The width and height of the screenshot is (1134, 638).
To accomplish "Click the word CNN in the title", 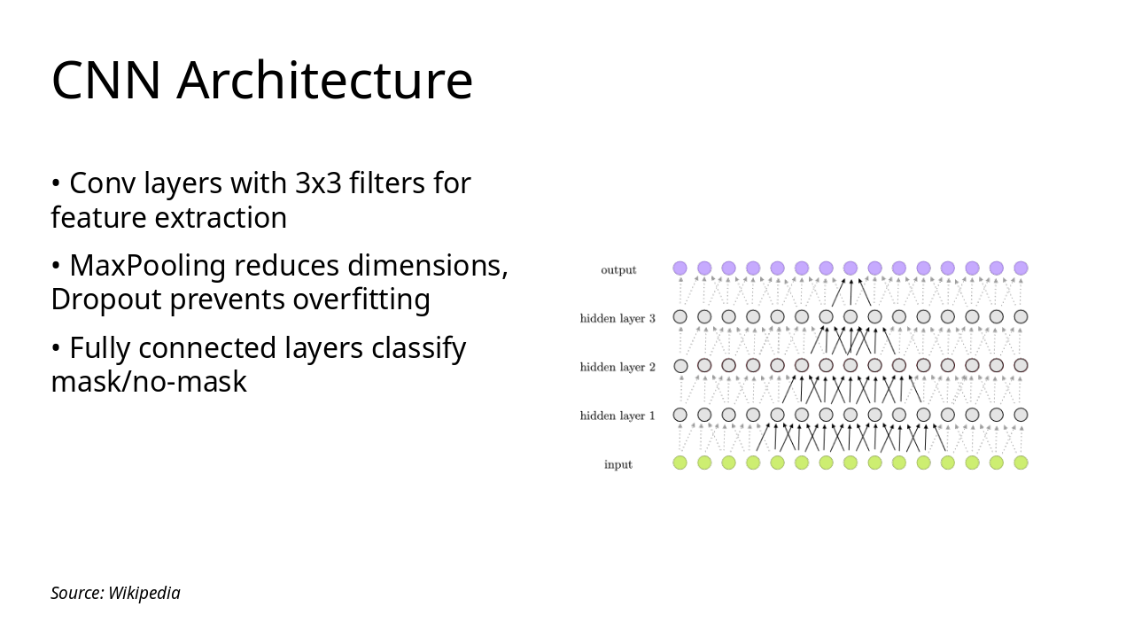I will (105, 80).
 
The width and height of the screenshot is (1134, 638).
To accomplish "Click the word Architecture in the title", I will (324, 80).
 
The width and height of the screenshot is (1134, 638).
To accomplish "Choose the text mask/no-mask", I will (149, 382).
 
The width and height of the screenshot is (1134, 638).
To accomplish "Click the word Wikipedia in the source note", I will (144, 593).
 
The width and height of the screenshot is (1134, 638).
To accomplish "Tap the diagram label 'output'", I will (618, 269).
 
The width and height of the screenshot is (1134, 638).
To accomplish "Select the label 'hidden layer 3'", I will (617, 318).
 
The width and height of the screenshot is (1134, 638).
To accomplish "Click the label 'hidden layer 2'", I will (617, 367).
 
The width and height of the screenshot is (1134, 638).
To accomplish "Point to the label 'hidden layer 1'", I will (617, 416).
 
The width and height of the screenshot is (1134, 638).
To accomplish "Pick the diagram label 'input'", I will (618, 464).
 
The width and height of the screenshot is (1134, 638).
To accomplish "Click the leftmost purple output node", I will (680, 268).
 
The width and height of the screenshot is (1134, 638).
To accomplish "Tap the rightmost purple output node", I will (1021, 268).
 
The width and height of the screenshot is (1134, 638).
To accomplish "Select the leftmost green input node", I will (680, 463).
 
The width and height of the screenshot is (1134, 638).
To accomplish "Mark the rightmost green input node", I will (1021, 463).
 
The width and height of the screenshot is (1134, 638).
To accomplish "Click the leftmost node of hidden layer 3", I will (680, 316).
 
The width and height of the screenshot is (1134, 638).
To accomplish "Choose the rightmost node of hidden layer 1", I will (1021, 415).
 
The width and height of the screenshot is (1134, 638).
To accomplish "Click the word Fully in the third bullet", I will (99, 348).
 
